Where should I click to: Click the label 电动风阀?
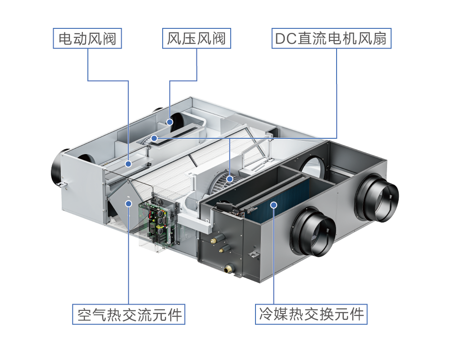tap(87, 39)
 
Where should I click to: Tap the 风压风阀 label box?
tap(196, 39)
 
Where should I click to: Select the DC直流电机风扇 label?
tap(331, 39)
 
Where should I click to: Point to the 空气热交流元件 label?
tap(129, 314)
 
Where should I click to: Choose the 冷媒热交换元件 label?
tap(311, 314)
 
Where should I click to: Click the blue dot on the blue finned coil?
tap(274, 205)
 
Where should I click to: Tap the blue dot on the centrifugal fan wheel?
tap(229, 179)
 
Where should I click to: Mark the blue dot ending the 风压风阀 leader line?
tap(169, 122)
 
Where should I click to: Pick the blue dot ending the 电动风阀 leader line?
tap(128, 164)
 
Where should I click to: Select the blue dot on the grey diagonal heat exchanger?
tap(128, 203)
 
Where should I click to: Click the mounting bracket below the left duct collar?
tap(63, 184)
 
